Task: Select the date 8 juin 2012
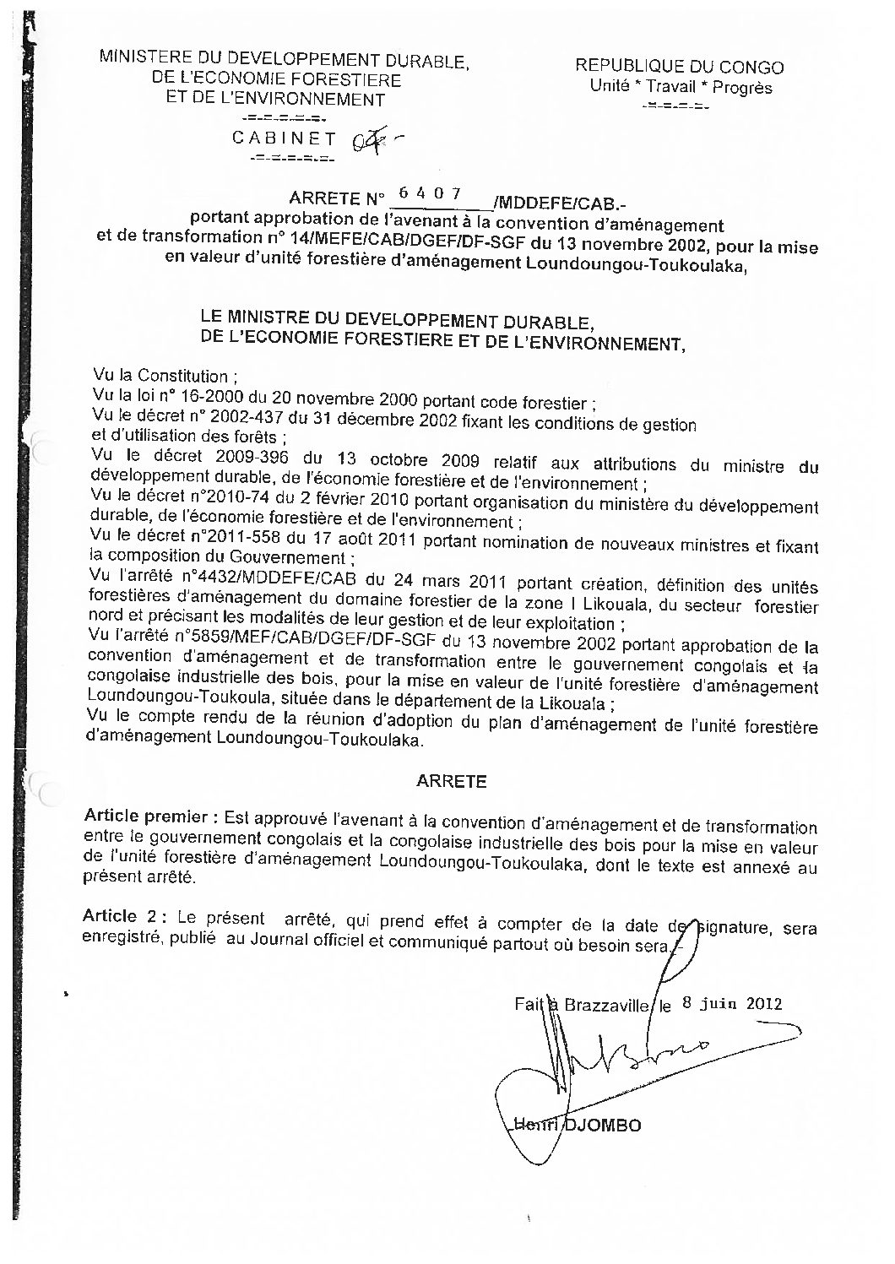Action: click(731, 1004)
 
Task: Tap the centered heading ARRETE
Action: click(452, 782)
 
